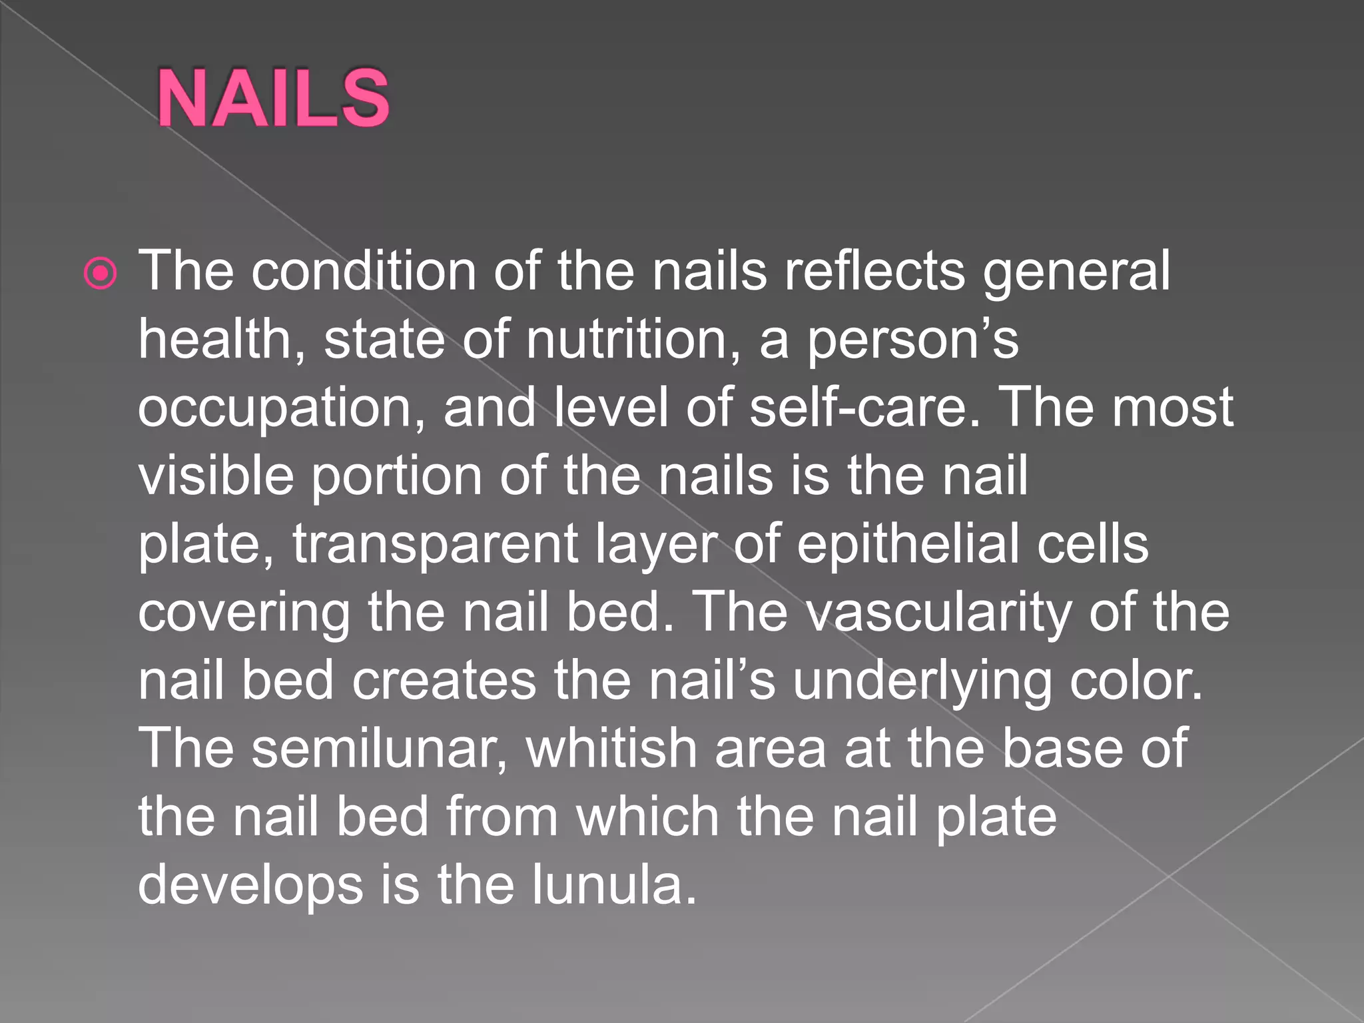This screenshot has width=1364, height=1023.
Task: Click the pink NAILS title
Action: pos(273,98)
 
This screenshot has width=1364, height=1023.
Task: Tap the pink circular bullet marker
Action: pos(101,273)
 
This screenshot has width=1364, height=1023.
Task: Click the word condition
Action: pos(363,271)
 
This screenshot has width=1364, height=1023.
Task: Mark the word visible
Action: pos(216,476)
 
